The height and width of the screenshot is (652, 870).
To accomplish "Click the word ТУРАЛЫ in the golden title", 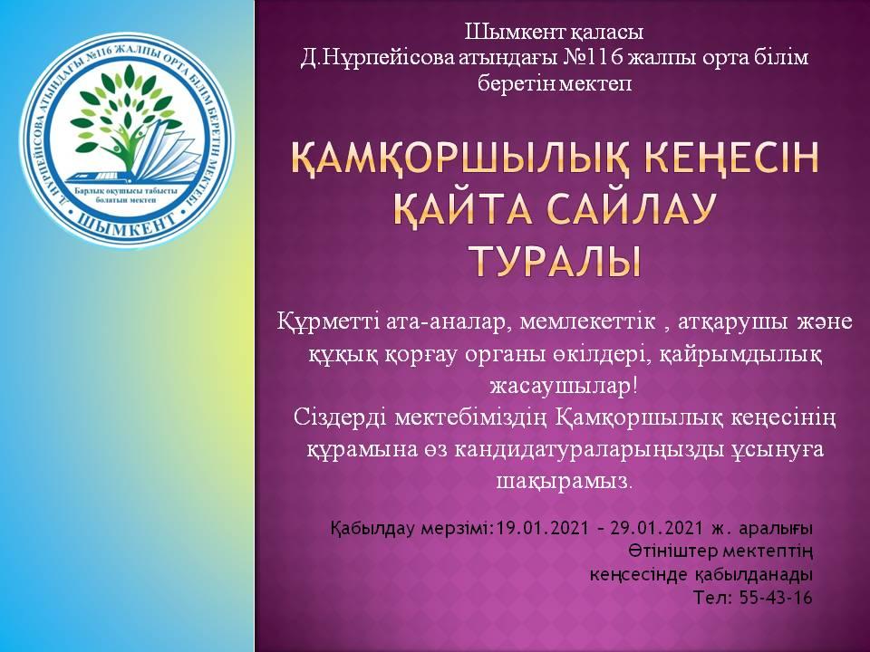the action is coord(555,261).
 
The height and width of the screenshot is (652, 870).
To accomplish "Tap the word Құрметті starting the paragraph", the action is coord(326,322).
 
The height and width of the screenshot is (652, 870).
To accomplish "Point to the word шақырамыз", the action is coord(564,480).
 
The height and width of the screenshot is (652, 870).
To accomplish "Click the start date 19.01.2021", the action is coord(542,527).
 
